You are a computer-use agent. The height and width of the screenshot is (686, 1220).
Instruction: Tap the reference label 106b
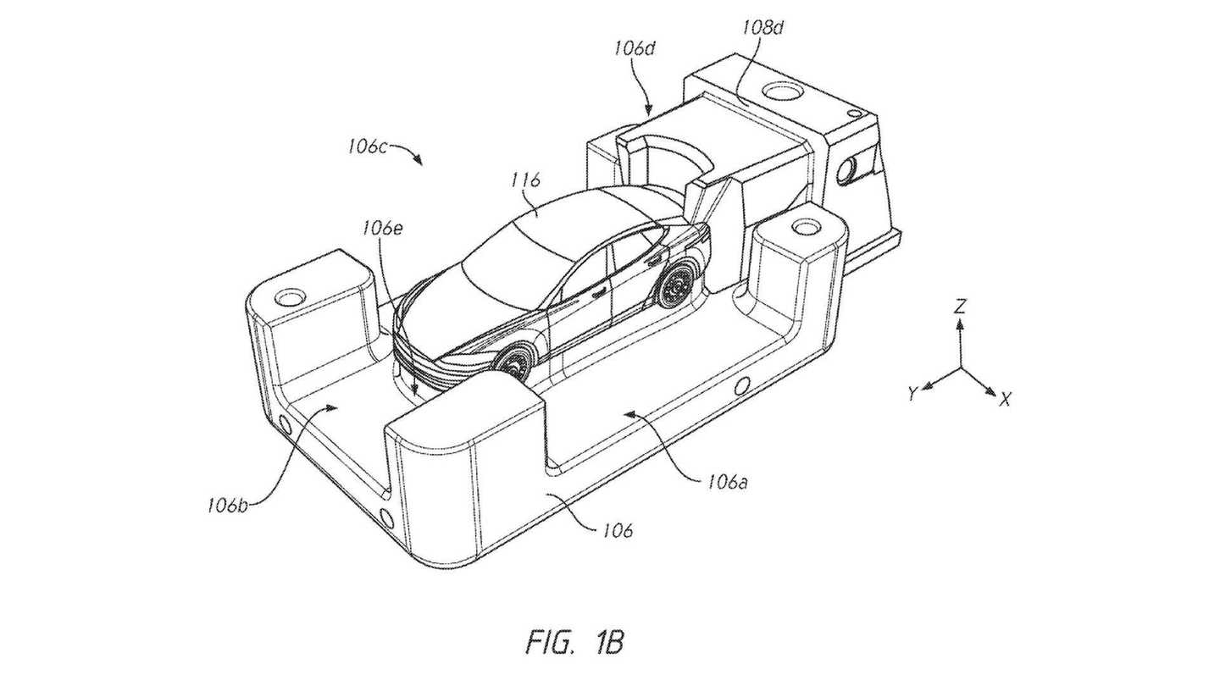pos(228,506)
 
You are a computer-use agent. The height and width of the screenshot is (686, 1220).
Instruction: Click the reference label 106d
pos(635,48)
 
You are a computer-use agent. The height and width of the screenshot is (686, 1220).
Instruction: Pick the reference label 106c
pos(367,146)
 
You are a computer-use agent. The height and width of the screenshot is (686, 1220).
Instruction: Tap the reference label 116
pos(525,180)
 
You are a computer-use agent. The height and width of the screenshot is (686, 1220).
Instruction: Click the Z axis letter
pos(959,307)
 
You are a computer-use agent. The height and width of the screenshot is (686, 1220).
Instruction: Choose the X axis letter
pos(1004,400)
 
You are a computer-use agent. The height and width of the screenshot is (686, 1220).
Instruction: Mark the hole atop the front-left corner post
pos(291,297)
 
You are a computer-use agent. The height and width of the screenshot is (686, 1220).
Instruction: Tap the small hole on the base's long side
pos(743,387)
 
